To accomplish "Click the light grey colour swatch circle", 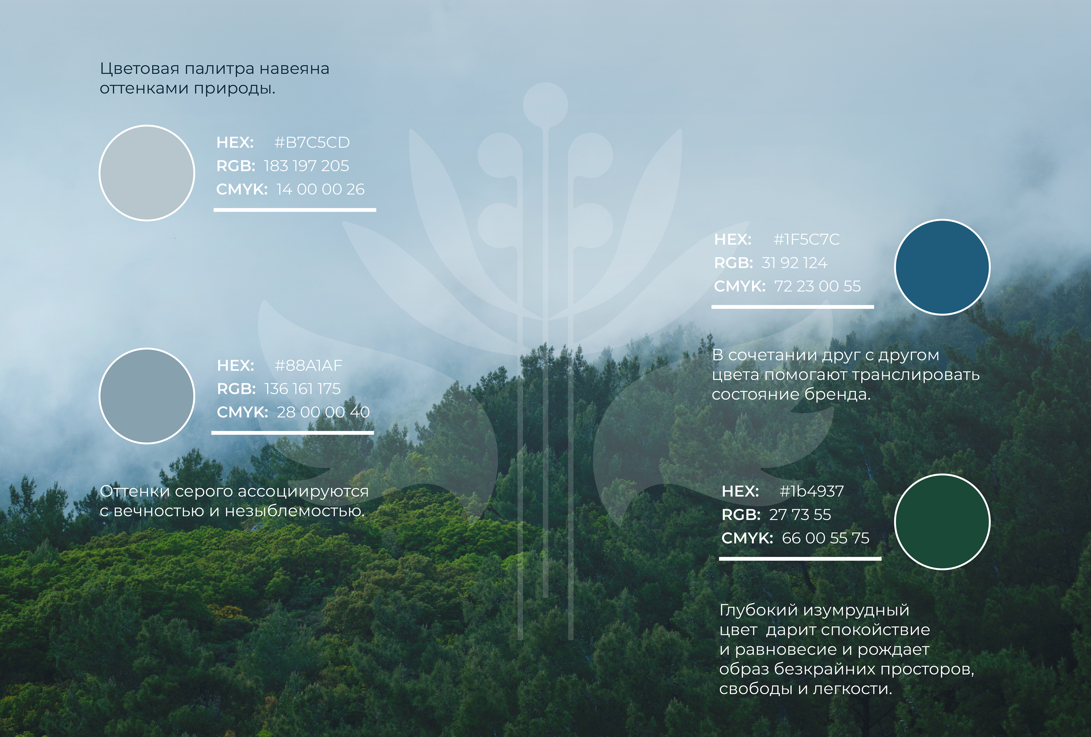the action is [147, 173].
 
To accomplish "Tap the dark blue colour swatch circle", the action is [942, 267].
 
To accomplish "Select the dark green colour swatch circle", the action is [942, 522].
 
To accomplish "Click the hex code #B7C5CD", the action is [312, 142].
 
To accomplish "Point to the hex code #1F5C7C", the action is [807, 240].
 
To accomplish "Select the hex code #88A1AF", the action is [309, 365].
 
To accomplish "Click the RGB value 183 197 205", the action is [307, 166].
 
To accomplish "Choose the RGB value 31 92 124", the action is [794, 263].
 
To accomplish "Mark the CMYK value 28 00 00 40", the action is [324, 413].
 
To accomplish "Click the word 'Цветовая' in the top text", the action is [140, 69].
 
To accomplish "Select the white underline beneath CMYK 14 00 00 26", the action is [295, 210].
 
